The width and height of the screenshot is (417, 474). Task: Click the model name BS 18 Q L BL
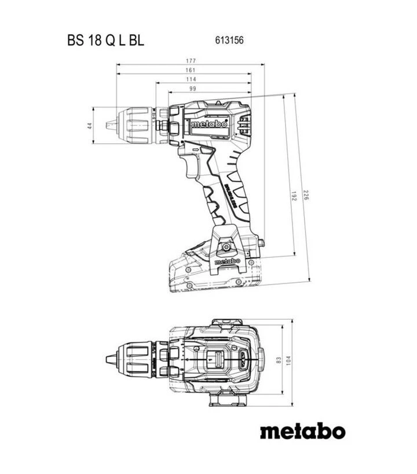(x=105, y=41)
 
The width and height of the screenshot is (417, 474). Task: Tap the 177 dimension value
(x=191, y=61)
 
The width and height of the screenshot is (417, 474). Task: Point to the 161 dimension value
(x=191, y=70)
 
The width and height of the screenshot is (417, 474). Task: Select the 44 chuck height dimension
(x=90, y=125)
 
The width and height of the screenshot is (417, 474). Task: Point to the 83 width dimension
(x=279, y=360)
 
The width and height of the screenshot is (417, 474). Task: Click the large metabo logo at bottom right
(x=302, y=432)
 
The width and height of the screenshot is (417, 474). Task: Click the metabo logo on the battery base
(x=227, y=262)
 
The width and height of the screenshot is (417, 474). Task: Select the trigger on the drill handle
(x=192, y=168)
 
